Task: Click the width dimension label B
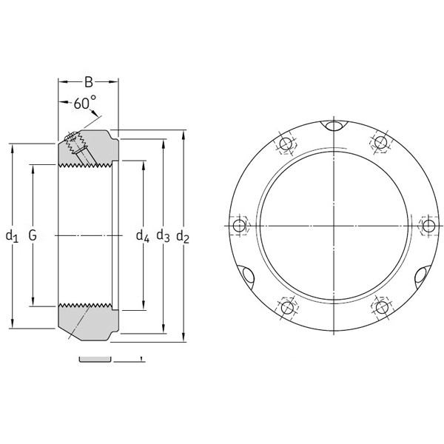(88, 82)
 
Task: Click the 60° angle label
(84, 104)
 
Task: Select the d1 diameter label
(11, 237)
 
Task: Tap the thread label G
(33, 236)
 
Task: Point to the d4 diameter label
(142, 237)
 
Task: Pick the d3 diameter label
(163, 237)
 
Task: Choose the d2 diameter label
(184, 237)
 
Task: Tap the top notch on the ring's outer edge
(335, 127)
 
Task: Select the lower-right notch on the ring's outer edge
(421, 275)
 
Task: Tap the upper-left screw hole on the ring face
(286, 143)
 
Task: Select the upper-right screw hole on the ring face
(381, 142)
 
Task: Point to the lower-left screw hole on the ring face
(286, 307)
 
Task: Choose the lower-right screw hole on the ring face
(381, 306)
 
